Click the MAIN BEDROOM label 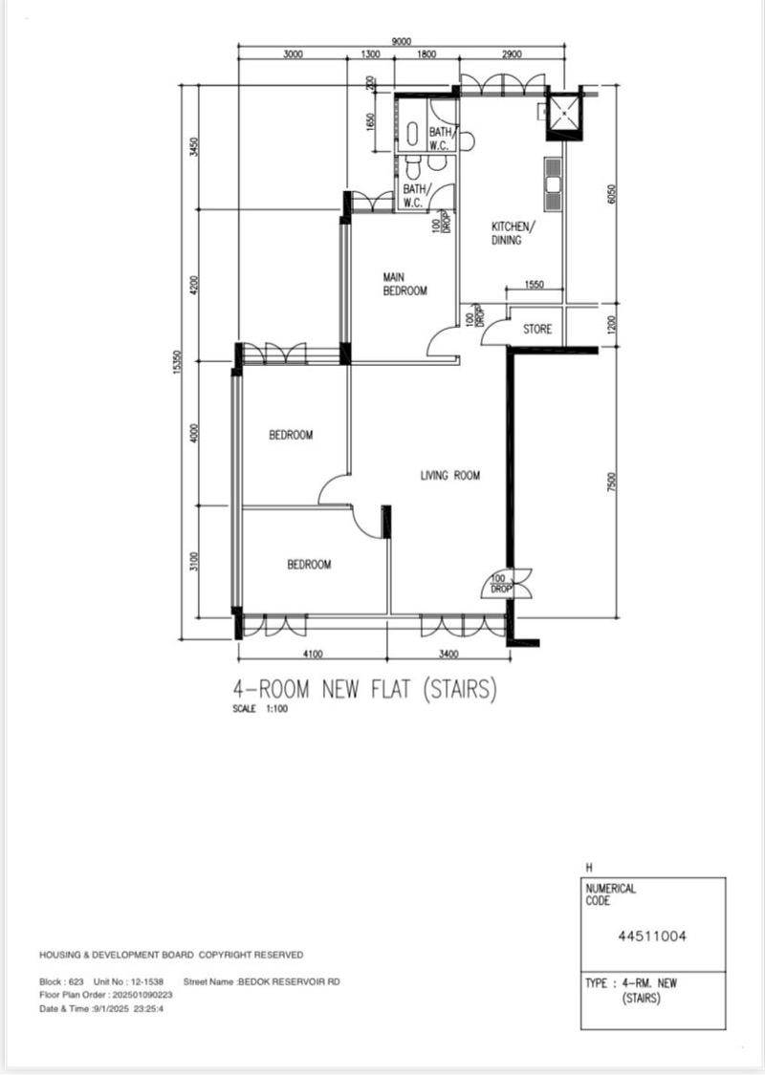click(x=404, y=284)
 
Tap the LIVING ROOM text click(x=449, y=475)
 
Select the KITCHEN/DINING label click(x=514, y=233)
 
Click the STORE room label click(x=537, y=330)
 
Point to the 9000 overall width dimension click(x=402, y=41)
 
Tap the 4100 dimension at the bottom click(x=312, y=655)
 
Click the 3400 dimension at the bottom click(x=448, y=655)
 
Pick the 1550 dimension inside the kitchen click(x=535, y=285)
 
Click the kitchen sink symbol click(x=553, y=182)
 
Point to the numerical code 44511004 click(x=653, y=935)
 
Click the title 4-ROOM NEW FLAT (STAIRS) click(x=364, y=688)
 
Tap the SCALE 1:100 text click(x=260, y=709)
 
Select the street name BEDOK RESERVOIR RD click(x=289, y=981)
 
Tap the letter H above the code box click(x=589, y=868)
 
